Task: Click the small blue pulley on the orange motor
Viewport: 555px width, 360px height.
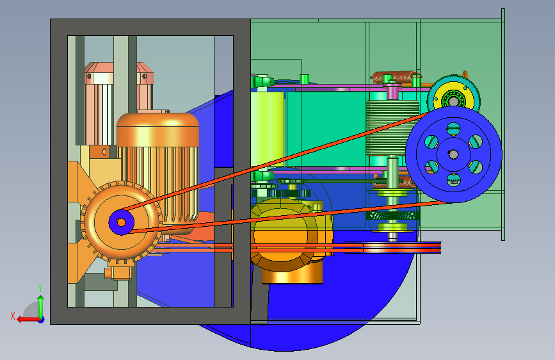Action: [x=121, y=222]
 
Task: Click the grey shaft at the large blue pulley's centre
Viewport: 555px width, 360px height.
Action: [x=453, y=154]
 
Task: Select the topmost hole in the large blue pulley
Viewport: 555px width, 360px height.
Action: [x=453, y=129]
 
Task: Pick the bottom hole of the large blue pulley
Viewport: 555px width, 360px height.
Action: [x=453, y=179]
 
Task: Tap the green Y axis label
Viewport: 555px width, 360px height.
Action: [x=40, y=288]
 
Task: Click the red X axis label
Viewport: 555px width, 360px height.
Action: [x=13, y=316]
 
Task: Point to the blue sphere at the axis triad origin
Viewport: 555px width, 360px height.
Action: [x=42, y=320]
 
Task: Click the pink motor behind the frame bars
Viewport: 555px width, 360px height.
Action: [x=118, y=104]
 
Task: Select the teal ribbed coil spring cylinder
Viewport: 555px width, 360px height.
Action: [x=392, y=128]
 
